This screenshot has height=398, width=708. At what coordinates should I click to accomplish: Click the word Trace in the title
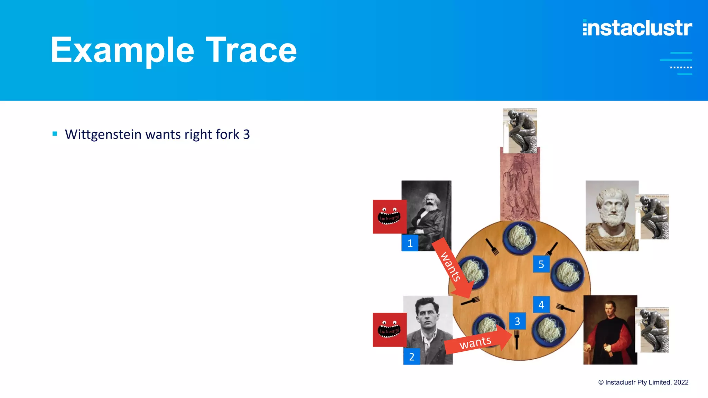pos(251,50)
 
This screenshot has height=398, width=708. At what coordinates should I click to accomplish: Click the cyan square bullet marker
pos(55,134)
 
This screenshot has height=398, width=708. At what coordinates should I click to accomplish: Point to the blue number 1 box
pos(410,243)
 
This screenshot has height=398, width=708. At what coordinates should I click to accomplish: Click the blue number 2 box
pos(411,357)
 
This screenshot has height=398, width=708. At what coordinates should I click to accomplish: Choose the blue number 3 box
pos(517,321)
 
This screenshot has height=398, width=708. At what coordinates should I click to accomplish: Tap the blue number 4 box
pos(541,305)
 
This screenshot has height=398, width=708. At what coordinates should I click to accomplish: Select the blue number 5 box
pos(541,264)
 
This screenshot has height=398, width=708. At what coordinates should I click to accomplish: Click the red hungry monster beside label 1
pos(389,217)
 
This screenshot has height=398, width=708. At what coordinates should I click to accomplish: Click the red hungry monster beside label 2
pos(389,330)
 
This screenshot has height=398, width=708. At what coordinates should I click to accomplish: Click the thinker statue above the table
pos(520,131)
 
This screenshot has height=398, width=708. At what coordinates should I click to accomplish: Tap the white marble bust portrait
pos(612,216)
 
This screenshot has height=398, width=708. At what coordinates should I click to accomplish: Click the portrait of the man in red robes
pos(610,330)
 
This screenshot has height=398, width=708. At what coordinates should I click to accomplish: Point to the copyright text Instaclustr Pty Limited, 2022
pos(643,382)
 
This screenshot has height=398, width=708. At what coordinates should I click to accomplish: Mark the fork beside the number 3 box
pos(516,339)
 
